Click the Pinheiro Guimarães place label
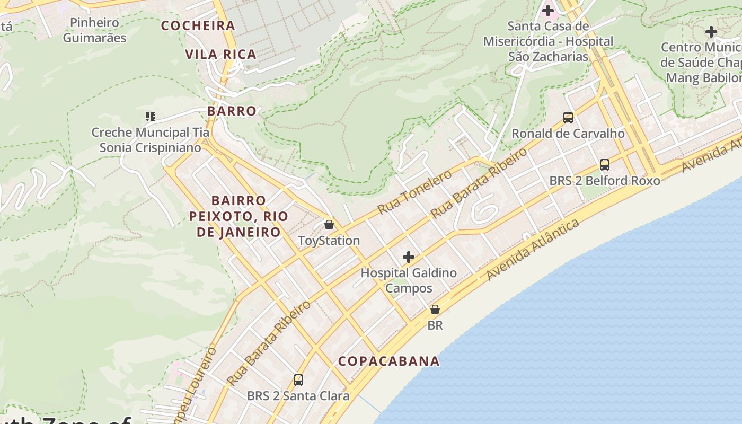(94, 30)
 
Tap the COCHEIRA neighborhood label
(198, 25)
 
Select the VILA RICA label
(221, 54)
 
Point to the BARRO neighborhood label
(232, 111)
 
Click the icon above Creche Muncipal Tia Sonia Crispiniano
(150, 116)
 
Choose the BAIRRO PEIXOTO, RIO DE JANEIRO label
(238, 216)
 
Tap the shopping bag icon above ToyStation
(329, 225)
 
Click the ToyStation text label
(329, 241)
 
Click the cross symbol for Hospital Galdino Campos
(408, 258)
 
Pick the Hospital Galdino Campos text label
(409, 281)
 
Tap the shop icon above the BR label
(435, 310)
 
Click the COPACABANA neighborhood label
(389, 361)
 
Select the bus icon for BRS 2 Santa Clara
(298, 380)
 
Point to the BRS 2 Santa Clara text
(298, 396)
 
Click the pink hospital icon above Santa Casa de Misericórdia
(548, 10)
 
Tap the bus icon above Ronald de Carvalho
(568, 118)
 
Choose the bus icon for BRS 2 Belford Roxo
(605, 165)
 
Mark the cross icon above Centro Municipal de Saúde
(711, 32)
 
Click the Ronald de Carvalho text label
(568, 134)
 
